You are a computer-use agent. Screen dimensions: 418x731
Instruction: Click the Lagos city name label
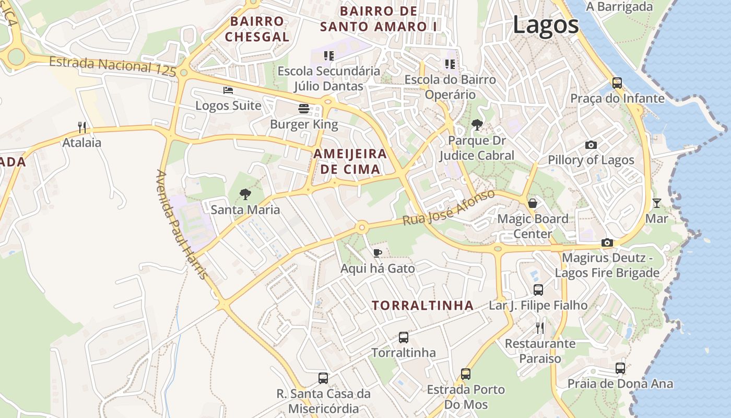(546, 25)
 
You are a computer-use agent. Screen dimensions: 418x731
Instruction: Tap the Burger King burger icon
(304, 109)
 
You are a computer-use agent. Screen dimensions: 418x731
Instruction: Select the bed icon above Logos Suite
(228, 90)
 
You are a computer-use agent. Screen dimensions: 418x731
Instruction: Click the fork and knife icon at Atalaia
(82, 127)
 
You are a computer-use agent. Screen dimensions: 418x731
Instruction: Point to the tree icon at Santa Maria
(245, 194)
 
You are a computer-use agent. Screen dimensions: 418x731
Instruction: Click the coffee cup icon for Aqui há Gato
(378, 253)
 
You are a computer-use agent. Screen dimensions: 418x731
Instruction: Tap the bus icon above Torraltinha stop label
(403, 338)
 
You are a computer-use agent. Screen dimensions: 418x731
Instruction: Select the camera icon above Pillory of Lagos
(591, 145)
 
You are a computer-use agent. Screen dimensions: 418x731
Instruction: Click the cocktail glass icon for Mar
(656, 203)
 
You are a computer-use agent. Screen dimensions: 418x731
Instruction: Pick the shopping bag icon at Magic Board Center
(533, 203)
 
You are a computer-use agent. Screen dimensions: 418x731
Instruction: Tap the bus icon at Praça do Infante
(617, 83)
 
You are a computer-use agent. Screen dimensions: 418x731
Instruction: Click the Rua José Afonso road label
(449, 208)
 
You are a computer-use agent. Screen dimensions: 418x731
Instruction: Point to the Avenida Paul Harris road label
(182, 224)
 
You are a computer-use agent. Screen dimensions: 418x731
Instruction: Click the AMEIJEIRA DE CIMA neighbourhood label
(350, 161)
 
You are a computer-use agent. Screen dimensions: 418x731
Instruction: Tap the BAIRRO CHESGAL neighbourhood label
(257, 29)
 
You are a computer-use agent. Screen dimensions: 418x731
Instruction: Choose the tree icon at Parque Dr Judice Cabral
(477, 124)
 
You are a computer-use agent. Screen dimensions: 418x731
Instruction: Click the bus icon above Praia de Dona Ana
(620, 368)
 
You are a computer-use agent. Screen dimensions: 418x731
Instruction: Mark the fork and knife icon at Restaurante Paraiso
(540, 328)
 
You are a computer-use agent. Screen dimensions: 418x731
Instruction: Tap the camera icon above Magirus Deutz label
(607, 242)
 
